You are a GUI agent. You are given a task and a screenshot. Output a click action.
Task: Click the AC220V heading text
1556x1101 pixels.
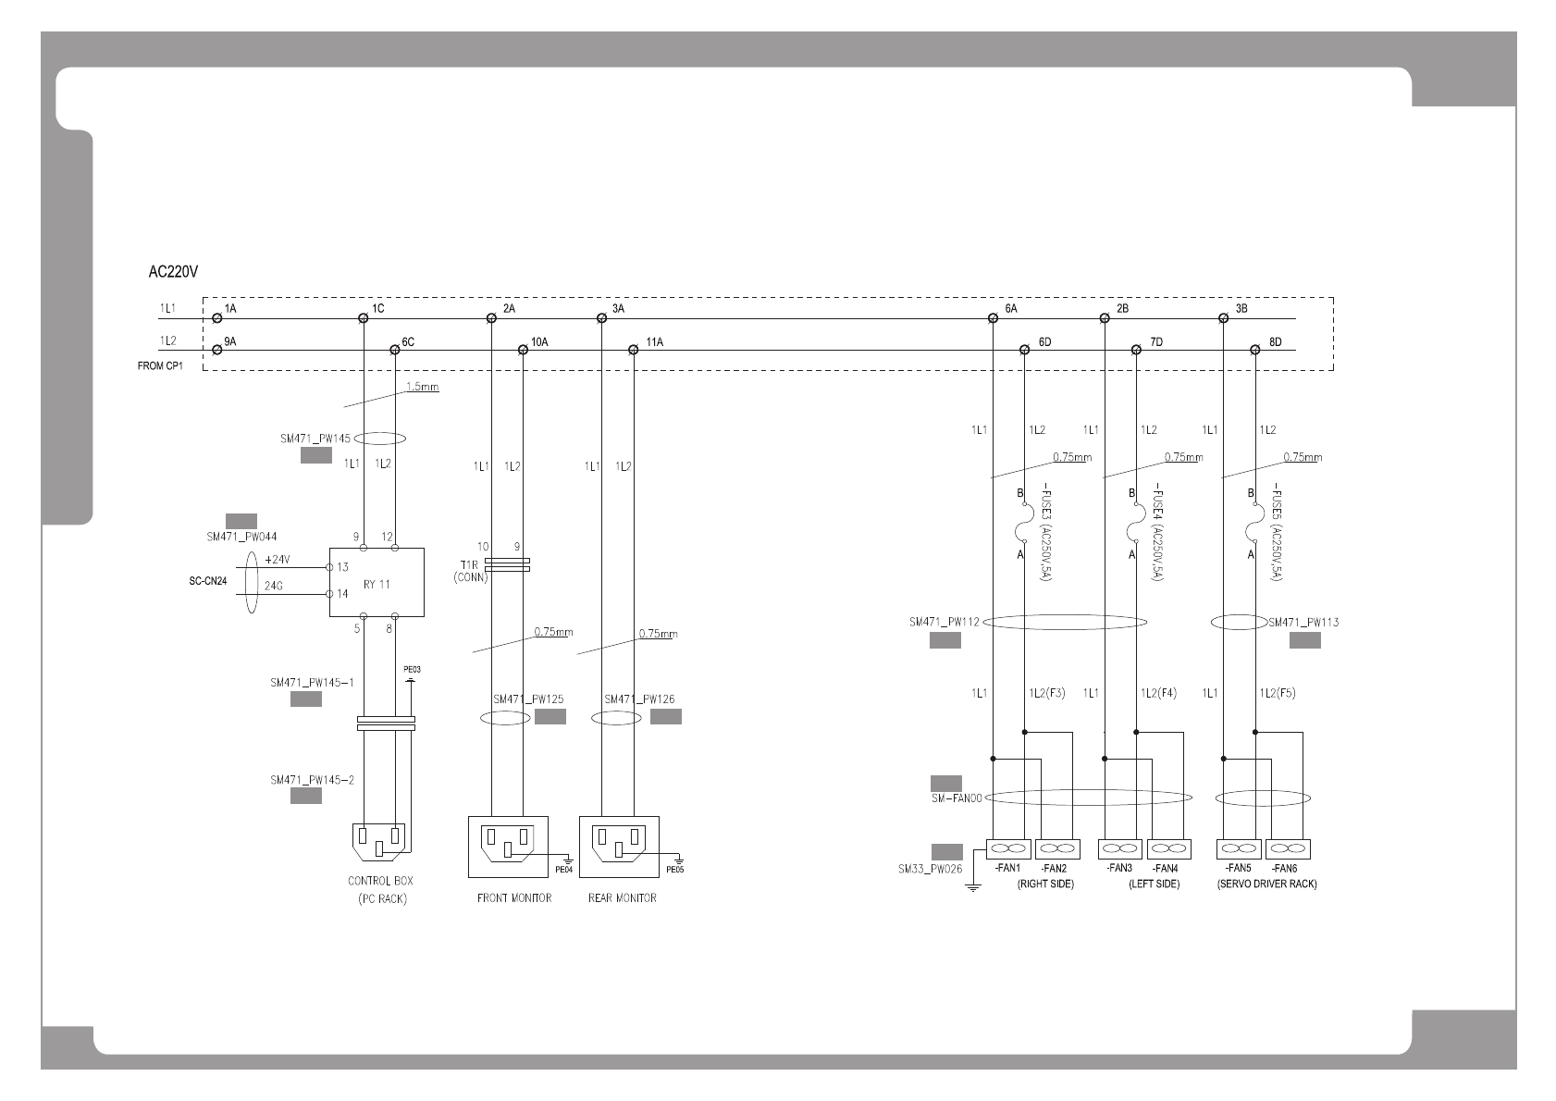click(x=174, y=273)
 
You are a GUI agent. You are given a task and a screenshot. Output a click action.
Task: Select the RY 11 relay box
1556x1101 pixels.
click(x=377, y=582)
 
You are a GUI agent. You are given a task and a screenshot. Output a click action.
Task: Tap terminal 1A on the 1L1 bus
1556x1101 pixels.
click(x=217, y=318)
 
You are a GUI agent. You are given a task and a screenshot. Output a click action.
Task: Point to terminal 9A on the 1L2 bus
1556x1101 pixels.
click(x=217, y=350)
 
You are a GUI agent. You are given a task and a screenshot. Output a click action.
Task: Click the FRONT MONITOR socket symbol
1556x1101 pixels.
click(x=507, y=846)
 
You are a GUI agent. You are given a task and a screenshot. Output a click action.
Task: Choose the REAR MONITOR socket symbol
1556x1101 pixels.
click(x=618, y=846)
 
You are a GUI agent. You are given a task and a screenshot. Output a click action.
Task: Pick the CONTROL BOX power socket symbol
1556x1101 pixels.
click(x=379, y=841)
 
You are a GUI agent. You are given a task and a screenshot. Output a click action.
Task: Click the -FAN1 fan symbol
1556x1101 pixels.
click(x=1008, y=848)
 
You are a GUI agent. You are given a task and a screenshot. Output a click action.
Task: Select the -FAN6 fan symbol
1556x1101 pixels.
click(x=1288, y=848)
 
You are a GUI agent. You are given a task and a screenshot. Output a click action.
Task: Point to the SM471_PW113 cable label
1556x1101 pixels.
click(x=1303, y=622)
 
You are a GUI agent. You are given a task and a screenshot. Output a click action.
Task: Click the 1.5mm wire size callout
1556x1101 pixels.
click(x=422, y=386)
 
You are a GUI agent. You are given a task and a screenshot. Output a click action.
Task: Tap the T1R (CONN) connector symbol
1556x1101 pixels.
click(x=506, y=564)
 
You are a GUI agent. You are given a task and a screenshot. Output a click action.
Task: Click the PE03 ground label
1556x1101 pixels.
click(x=412, y=669)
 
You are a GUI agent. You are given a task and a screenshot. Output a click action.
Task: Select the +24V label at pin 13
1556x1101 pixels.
click(x=278, y=560)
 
